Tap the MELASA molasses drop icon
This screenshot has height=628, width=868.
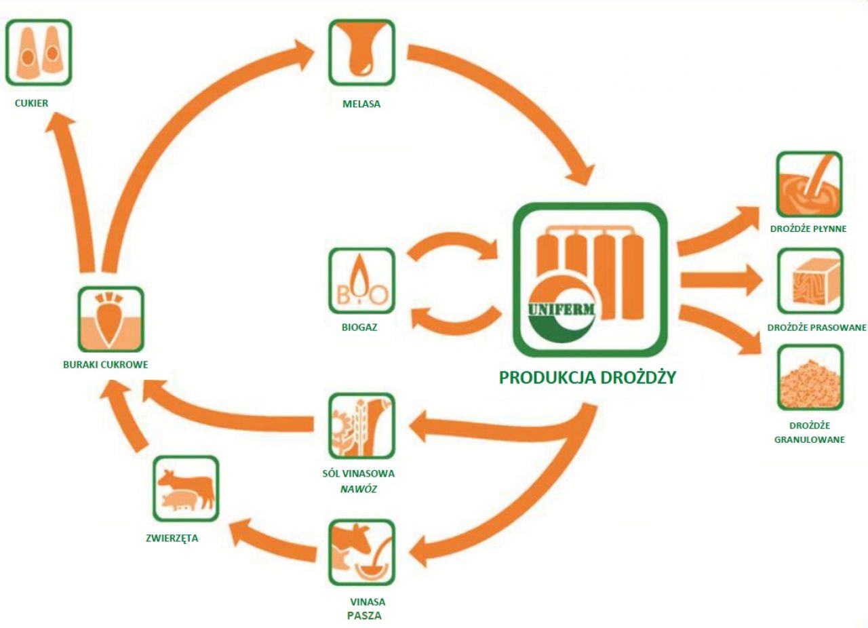click(x=361, y=52)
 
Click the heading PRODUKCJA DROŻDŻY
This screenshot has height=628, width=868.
click(x=587, y=378)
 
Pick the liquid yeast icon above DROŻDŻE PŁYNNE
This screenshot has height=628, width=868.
click(x=809, y=184)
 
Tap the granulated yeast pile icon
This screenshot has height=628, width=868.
click(x=809, y=378)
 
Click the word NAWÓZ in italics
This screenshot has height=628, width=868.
click(x=359, y=488)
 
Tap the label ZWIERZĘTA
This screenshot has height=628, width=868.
click(x=172, y=539)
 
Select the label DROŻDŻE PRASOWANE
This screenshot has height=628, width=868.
click(x=816, y=328)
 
